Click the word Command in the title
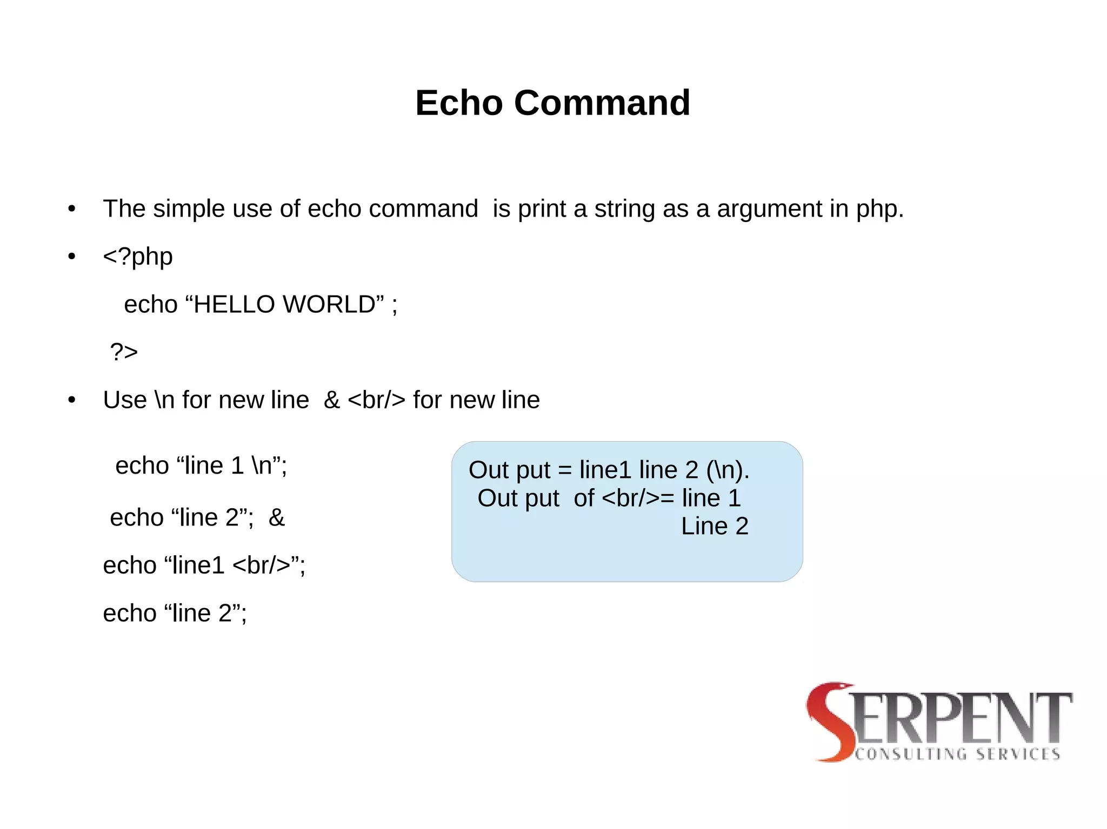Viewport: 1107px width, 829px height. (x=602, y=103)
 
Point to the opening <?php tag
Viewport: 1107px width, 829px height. (x=138, y=257)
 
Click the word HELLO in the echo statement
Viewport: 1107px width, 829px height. (x=234, y=305)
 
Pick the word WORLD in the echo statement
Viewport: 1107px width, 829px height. (x=329, y=305)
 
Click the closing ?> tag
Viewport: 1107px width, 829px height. (x=124, y=352)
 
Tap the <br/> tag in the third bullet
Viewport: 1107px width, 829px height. (x=376, y=400)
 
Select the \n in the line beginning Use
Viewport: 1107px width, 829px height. (x=164, y=400)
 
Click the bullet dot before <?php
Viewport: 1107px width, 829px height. (x=72, y=257)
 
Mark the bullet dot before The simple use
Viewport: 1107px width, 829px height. (x=72, y=209)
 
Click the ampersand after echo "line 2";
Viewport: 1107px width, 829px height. (x=276, y=518)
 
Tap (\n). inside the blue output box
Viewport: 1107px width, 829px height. (x=728, y=470)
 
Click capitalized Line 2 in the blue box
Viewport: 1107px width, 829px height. (x=715, y=526)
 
